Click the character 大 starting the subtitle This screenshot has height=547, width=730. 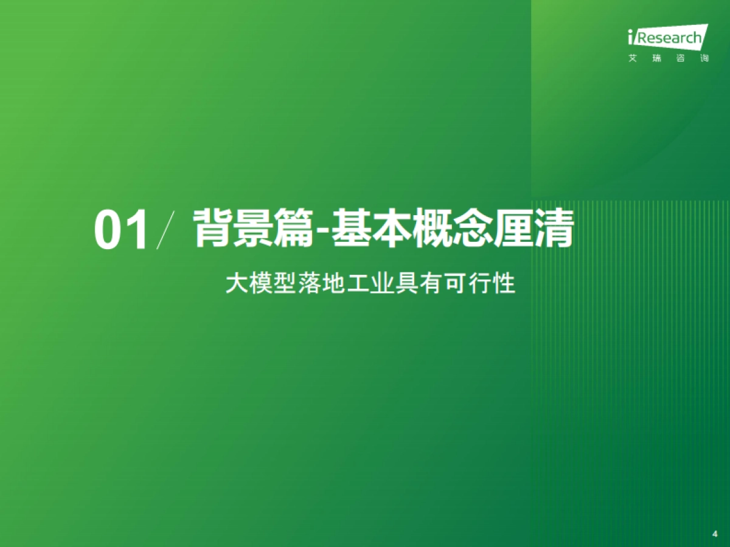click(x=236, y=284)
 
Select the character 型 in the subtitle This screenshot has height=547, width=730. click(x=285, y=284)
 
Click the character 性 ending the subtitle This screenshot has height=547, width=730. click(x=505, y=284)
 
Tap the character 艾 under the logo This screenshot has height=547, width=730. click(x=633, y=59)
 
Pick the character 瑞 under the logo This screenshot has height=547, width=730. click(x=656, y=59)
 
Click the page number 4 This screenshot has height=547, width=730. click(x=714, y=534)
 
